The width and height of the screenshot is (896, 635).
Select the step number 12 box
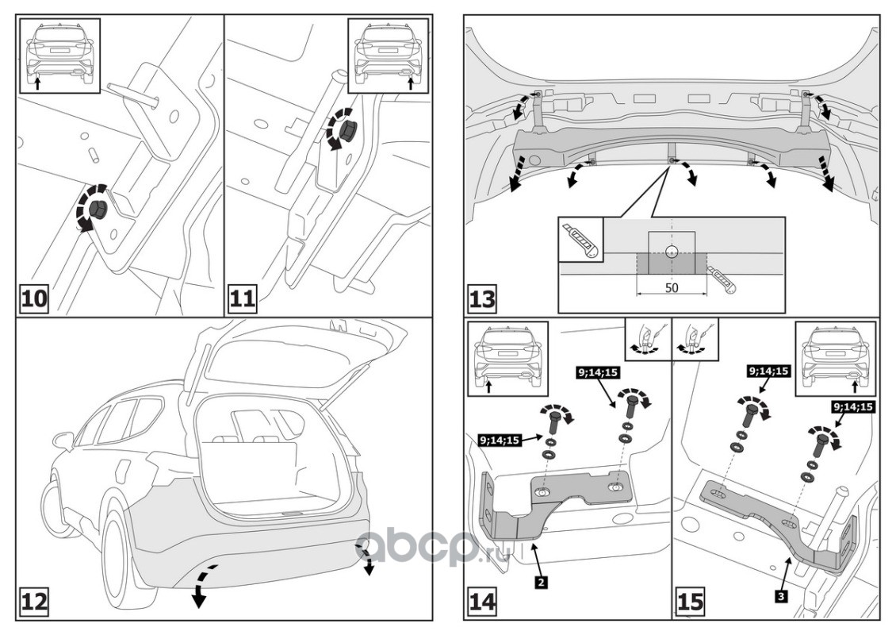[x=34, y=601]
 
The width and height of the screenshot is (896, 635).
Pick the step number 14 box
[x=482, y=601]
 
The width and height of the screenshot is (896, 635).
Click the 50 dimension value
[x=671, y=287]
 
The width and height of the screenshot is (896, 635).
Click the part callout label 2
[x=540, y=582]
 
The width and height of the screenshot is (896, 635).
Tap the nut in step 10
[x=98, y=210]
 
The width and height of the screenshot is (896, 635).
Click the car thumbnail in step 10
[x=59, y=56]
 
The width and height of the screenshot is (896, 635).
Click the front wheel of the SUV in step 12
[x=59, y=508]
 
